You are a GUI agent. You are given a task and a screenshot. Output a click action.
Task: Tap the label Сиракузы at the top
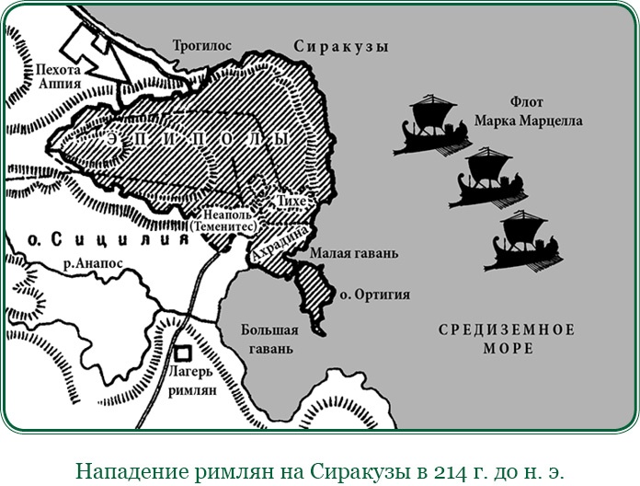340,46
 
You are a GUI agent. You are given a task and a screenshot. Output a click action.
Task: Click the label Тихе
289,201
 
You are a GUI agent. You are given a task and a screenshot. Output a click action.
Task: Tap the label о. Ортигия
373,295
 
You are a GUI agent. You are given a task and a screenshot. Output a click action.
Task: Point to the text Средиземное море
507,339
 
